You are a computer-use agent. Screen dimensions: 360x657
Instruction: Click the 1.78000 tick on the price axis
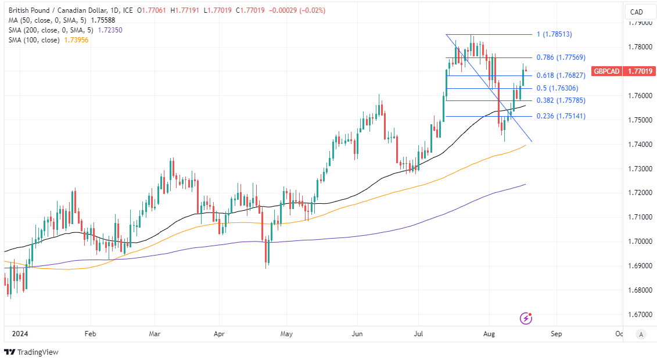[x=640, y=47]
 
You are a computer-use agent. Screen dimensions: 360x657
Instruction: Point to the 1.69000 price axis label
[x=640, y=266]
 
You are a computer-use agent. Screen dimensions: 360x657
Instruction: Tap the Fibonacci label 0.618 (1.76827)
[x=561, y=75]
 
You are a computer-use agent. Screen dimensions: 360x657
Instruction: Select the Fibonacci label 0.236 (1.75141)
[x=561, y=116]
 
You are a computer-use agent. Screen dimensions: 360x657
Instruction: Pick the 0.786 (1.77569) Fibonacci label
[x=561, y=57]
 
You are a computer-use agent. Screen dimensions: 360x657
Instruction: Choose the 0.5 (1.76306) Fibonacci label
[x=558, y=88]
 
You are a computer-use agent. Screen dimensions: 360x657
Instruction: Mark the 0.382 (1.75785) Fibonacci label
[x=561, y=100]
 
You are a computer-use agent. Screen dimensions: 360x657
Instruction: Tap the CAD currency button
[x=636, y=12]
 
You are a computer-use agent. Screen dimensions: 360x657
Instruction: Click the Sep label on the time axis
[x=557, y=334]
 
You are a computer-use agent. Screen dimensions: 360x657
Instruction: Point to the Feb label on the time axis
[x=89, y=334]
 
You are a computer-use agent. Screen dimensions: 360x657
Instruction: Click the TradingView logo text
[x=38, y=352]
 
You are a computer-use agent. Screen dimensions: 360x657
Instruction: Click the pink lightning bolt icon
[x=526, y=318]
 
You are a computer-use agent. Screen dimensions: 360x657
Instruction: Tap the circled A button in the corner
[x=640, y=334]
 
